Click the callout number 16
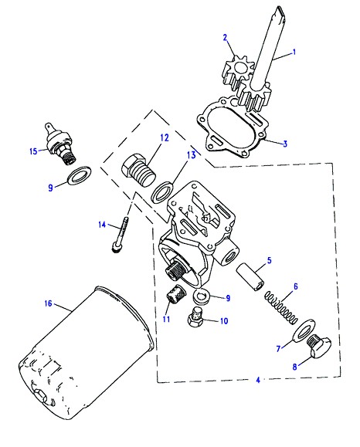[49, 303]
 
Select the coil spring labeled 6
[280, 307]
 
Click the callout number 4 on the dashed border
[258, 380]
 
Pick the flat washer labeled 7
[304, 330]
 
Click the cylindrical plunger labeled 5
[250, 276]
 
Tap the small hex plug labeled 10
[195, 317]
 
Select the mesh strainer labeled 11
[175, 296]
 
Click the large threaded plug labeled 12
[138, 171]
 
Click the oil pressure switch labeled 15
[60, 144]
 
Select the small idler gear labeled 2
[237, 71]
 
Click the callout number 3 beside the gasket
[285, 144]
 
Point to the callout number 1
[294, 52]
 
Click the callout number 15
[33, 151]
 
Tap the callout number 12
[165, 138]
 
